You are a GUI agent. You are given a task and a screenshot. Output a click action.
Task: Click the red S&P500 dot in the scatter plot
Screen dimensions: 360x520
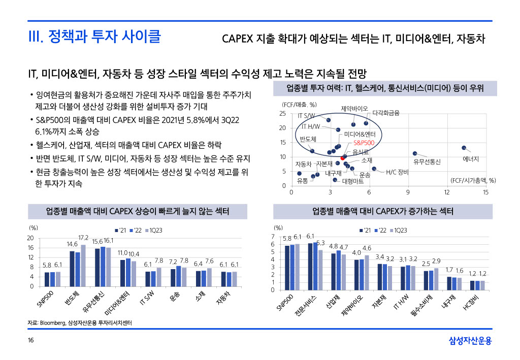[x=343, y=157]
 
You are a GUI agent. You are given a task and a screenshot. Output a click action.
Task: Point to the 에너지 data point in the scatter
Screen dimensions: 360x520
[x=464, y=148]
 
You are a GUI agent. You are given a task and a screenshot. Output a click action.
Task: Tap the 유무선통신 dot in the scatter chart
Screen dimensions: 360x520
[x=415, y=153]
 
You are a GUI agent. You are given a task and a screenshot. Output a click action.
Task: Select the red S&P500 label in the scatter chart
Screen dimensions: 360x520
[x=364, y=143]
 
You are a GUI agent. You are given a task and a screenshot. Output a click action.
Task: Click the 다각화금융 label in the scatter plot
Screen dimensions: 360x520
[x=386, y=112]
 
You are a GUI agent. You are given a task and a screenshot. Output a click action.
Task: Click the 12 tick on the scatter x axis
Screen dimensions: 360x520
[x=447, y=192]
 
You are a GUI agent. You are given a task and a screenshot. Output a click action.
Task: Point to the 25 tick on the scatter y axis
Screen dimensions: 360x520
[x=283, y=114]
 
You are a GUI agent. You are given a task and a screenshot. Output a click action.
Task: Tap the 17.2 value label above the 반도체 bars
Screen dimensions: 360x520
[x=83, y=238]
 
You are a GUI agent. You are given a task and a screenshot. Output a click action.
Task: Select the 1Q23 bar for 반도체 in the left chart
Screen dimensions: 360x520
[x=83, y=266]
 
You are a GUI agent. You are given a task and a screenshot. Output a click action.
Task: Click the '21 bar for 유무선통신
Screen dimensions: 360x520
[x=97, y=268]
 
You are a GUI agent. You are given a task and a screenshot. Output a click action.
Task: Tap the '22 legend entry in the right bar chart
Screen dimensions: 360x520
[x=382, y=231]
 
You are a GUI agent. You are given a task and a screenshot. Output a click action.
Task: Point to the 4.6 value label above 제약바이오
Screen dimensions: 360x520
[x=367, y=248]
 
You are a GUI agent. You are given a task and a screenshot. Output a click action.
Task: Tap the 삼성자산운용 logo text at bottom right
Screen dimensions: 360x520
[x=470, y=341]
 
